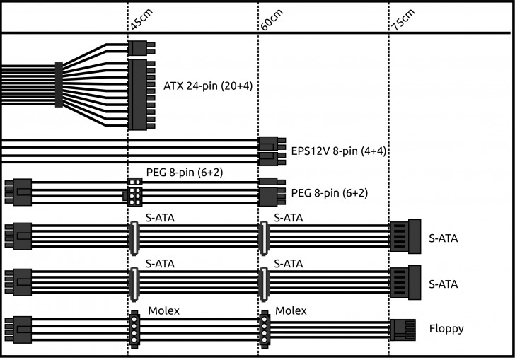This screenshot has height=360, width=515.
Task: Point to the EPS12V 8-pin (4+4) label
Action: (x=337, y=150)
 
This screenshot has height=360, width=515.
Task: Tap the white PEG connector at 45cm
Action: (x=134, y=191)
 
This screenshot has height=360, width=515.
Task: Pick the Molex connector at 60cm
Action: (x=265, y=329)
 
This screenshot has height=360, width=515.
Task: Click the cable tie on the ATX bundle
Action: (x=59, y=84)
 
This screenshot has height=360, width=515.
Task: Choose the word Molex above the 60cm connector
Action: (x=291, y=310)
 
